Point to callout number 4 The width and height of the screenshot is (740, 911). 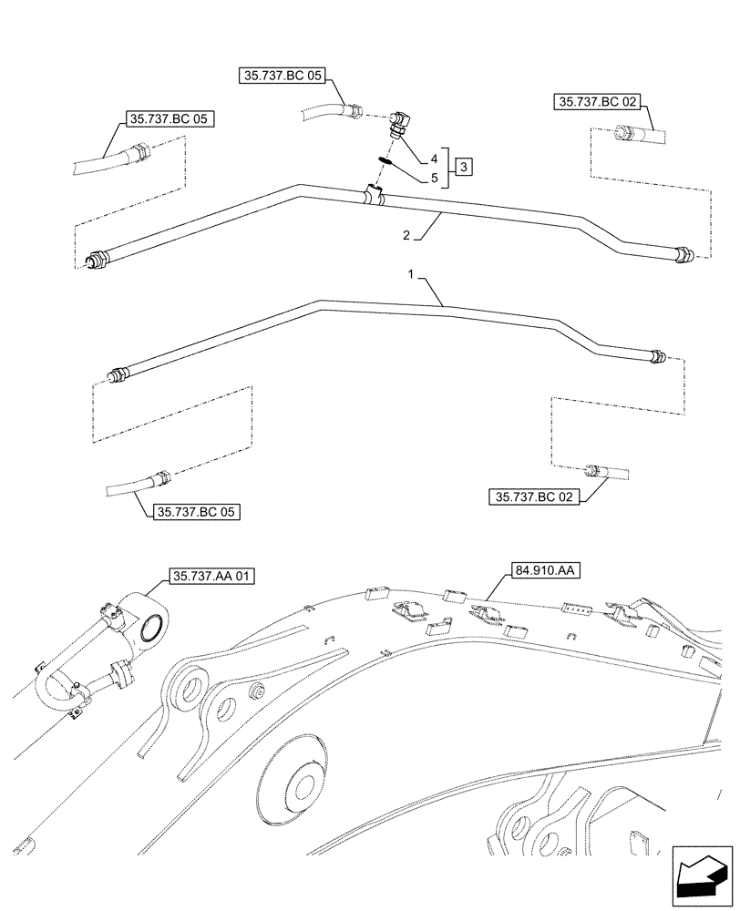[x=434, y=159]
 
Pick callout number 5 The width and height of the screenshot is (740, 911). [x=434, y=178]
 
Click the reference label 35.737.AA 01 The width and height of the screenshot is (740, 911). [x=212, y=576]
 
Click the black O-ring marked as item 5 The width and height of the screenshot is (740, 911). [x=385, y=160]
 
